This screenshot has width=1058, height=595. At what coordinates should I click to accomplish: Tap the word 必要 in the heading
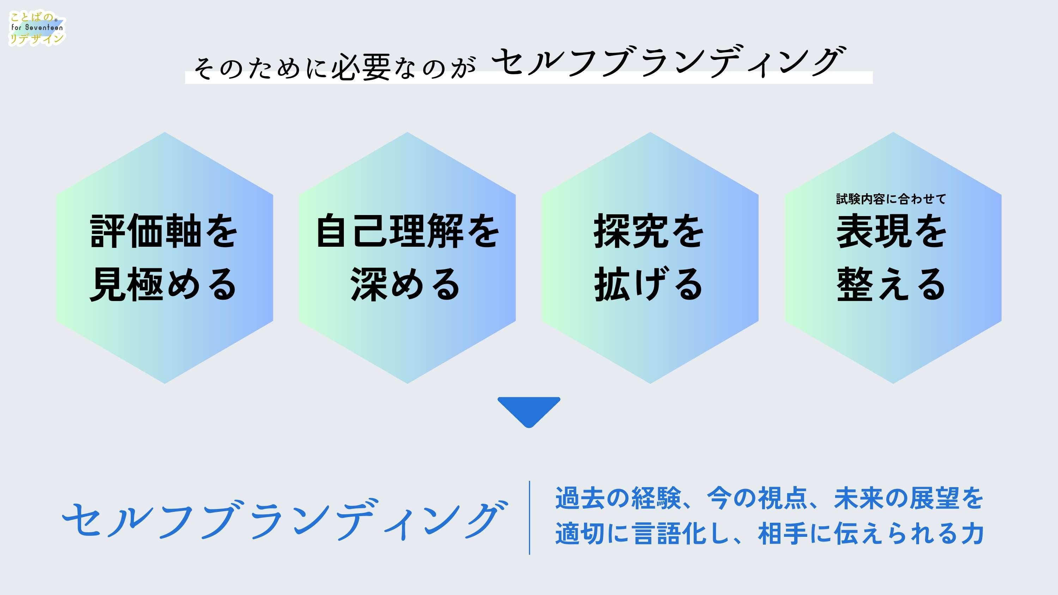(361, 67)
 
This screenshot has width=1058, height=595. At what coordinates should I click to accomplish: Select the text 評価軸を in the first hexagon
(164, 231)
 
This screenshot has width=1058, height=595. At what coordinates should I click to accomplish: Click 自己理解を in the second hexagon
(407, 231)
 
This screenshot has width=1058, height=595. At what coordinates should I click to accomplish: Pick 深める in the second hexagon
(406, 284)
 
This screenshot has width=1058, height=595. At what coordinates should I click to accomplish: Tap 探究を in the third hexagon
(649, 231)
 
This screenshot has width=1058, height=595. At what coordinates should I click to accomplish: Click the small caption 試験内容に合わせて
(891, 199)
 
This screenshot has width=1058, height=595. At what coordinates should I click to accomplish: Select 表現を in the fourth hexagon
(892, 231)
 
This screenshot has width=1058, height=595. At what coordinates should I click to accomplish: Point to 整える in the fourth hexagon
(892, 284)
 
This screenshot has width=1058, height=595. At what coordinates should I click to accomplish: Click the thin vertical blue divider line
(529, 517)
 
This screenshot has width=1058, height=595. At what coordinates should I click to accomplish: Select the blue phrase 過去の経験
(619, 498)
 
